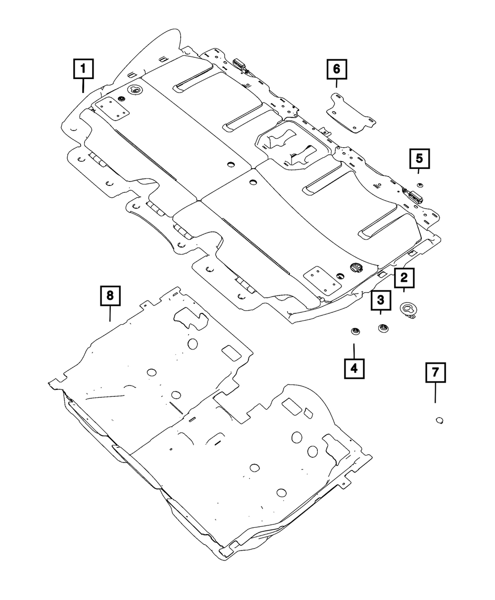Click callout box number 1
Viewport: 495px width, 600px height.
click(83, 70)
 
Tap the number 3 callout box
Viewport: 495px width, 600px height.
click(380, 300)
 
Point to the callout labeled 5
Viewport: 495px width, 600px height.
click(419, 159)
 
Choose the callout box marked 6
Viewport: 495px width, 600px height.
click(337, 69)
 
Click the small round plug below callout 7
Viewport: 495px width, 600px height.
click(439, 420)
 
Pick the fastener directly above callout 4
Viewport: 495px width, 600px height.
click(354, 331)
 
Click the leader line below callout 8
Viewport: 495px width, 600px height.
click(109, 314)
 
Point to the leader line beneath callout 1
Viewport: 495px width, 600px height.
click(83, 86)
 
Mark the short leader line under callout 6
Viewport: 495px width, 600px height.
click(337, 84)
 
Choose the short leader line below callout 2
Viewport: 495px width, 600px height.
click(404, 291)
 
